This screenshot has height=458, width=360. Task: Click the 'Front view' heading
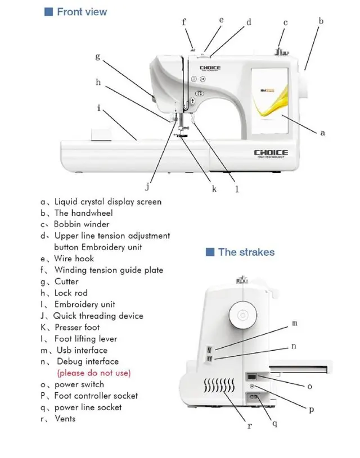click(82, 11)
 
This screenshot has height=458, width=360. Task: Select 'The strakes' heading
click(246, 252)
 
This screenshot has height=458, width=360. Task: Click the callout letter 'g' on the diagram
click(97, 56)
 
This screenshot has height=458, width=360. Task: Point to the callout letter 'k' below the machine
click(214, 189)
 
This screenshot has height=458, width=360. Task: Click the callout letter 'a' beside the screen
click(322, 133)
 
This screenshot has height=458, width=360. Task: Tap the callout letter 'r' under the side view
click(250, 425)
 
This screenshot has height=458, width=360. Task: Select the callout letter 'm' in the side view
click(295, 324)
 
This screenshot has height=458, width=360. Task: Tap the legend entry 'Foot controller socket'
click(96, 396)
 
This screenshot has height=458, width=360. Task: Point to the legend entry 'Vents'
click(65, 419)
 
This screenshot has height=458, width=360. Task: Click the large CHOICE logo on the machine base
click(271, 152)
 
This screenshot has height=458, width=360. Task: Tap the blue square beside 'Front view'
click(48, 11)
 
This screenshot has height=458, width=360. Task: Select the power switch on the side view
click(253, 377)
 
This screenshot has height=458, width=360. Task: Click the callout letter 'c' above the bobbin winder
click(285, 23)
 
